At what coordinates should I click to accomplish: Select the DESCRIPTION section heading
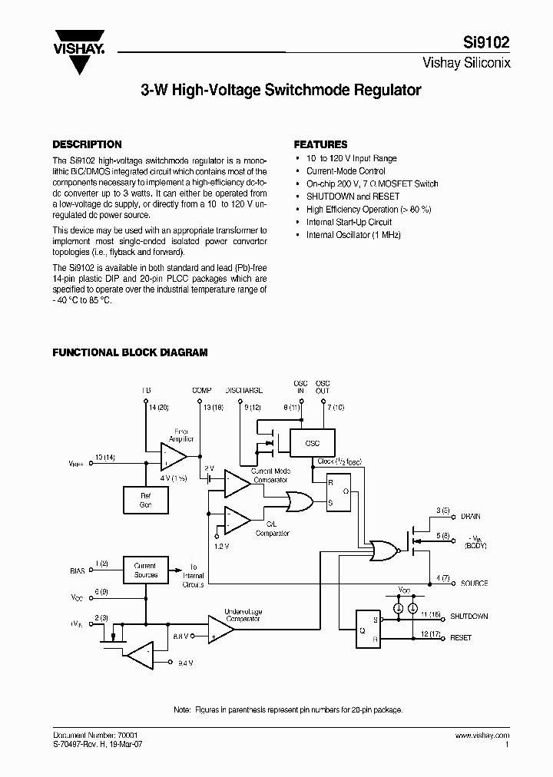coord(86,144)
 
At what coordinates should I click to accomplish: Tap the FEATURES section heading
coord(321,144)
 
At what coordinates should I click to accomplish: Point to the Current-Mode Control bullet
coord(346,171)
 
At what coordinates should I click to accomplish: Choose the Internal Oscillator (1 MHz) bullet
coord(353,235)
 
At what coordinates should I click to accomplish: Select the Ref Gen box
coord(146,501)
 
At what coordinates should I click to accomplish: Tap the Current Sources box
coord(145,570)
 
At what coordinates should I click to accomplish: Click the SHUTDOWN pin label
coord(469,617)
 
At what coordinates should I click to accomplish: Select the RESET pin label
coord(461,638)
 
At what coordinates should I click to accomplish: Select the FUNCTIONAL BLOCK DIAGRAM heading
coord(130,352)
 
